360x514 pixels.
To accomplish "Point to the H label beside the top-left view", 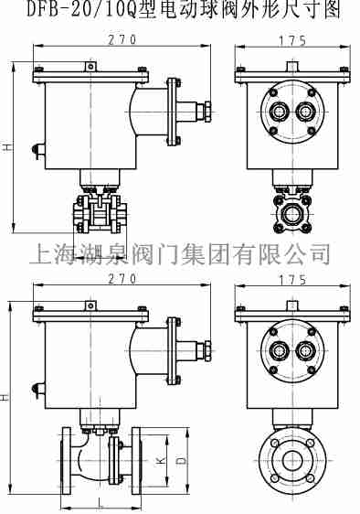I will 7,145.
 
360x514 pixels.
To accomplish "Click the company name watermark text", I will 180,252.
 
